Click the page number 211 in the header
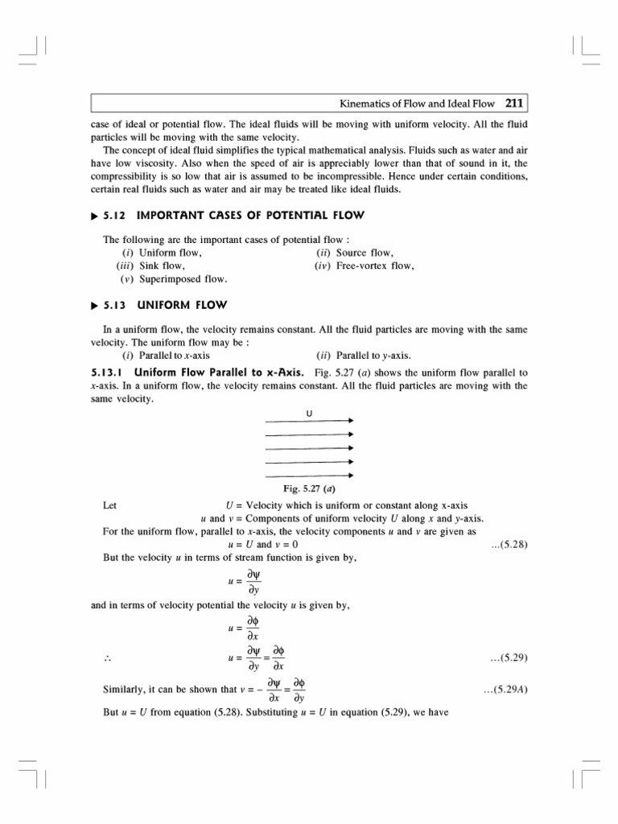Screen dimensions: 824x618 tap(515, 103)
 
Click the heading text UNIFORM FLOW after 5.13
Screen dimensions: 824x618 tap(183, 305)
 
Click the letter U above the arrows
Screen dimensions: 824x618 tap(309, 414)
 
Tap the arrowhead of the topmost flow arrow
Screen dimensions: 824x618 tap(350, 421)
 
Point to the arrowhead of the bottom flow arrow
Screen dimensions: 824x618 tap(350, 476)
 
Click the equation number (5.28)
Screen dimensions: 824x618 tap(509, 545)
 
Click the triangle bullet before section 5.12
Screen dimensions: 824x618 tap(95, 215)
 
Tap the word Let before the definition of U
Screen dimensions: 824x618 tap(111, 506)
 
